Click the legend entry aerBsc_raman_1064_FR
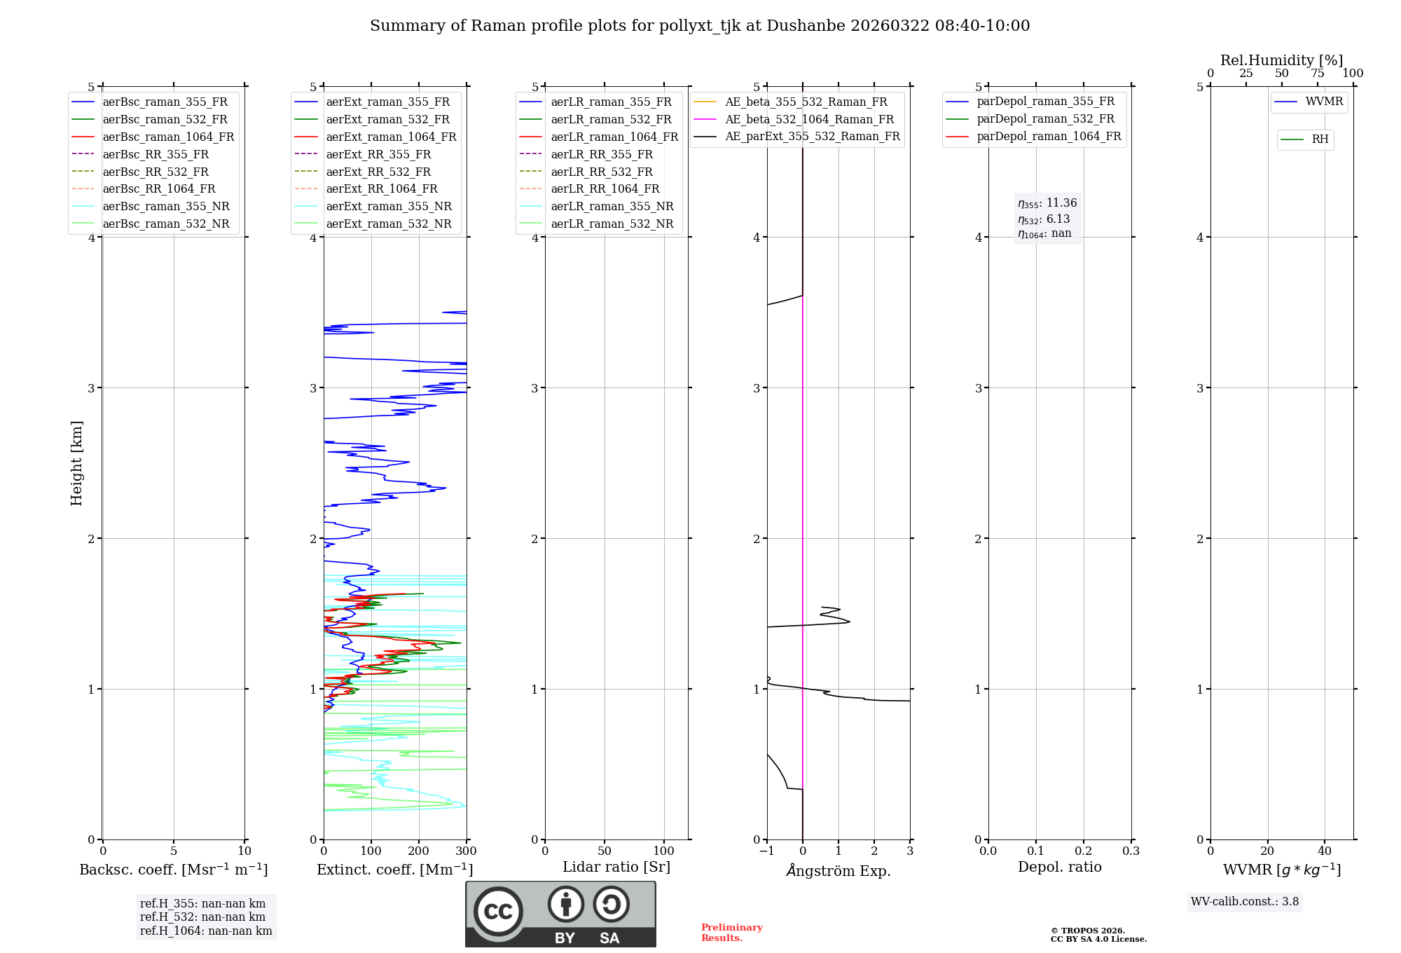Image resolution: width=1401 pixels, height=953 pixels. pyautogui.click(x=168, y=137)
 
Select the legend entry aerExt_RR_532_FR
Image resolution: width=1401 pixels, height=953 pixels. pyautogui.click(x=378, y=172)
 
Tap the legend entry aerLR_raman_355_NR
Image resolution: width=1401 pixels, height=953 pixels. pyautogui.click(x=612, y=206)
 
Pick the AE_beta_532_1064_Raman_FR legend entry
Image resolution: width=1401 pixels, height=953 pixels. pyautogui.click(x=809, y=119)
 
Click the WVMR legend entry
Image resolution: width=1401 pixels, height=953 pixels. pyautogui.click(x=1324, y=102)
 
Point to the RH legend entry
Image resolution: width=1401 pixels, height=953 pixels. pyautogui.click(x=1320, y=139)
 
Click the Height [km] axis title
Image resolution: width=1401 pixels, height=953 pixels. pyautogui.click(x=76, y=463)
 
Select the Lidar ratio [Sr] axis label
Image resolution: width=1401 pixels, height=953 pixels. pyautogui.click(x=616, y=867)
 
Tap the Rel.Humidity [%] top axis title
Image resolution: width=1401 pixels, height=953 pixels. pyautogui.click(x=1281, y=60)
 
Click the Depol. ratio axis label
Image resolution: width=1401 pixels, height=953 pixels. pyautogui.click(x=1059, y=867)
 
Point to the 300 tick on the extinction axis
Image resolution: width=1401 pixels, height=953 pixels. pyautogui.click(x=467, y=851)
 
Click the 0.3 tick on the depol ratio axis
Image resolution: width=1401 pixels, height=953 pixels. pyautogui.click(x=1131, y=851)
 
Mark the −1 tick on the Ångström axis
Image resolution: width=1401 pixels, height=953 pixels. pyautogui.click(x=766, y=851)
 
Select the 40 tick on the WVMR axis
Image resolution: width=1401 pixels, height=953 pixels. pyautogui.click(x=1324, y=851)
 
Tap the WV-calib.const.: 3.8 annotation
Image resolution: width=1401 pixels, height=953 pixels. pyautogui.click(x=1244, y=902)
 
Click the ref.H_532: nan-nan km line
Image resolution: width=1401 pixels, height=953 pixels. pyautogui.click(x=202, y=917)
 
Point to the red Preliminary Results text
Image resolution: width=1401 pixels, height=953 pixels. pyautogui.click(x=731, y=933)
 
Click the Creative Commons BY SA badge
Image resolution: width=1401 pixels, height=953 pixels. pyautogui.click(x=560, y=914)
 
